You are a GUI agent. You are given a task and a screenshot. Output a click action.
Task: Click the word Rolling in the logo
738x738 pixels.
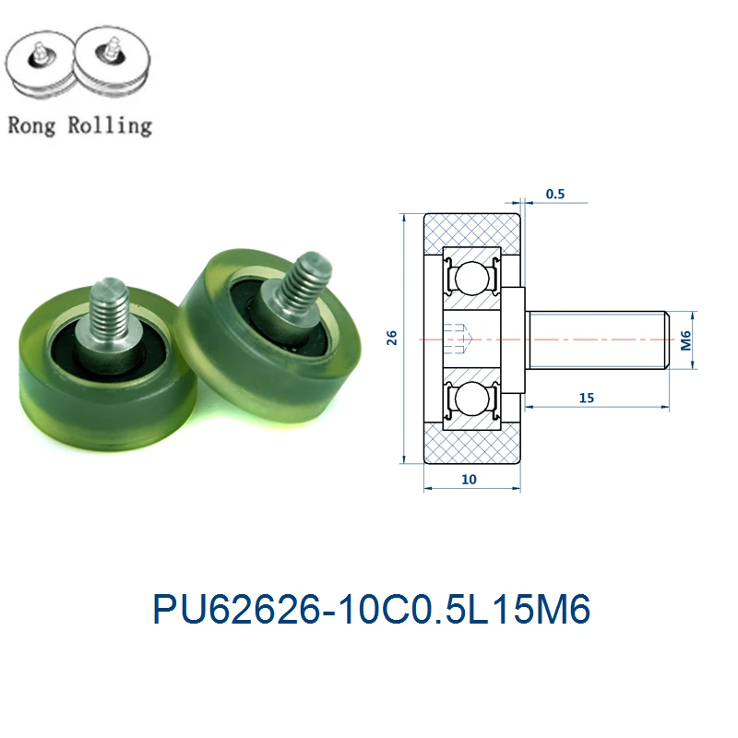click(x=110, y=125)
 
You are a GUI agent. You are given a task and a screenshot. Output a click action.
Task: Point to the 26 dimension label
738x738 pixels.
click(x=392, y=339)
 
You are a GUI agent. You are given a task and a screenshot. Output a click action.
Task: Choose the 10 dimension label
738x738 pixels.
click(x=470, y=480)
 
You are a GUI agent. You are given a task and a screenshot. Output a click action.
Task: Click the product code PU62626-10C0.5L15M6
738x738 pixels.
click(x=370, y=610)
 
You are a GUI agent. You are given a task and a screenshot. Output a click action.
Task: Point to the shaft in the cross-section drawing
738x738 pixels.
click(x=595, y=339)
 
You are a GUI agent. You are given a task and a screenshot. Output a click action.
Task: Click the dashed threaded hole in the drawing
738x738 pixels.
click(x=458, y=339)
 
